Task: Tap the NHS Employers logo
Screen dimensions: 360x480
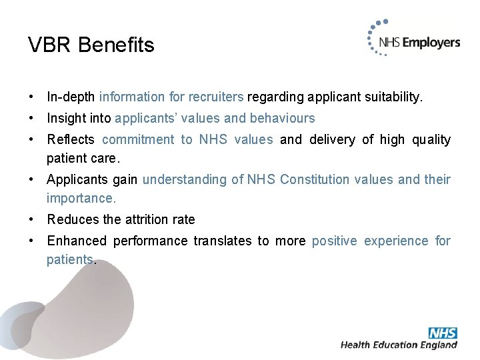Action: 414,42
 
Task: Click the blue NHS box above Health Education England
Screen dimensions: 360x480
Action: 443,332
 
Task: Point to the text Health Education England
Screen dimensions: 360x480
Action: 399,345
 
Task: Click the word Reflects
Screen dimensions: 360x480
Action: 71,140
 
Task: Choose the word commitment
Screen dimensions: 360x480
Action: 138,140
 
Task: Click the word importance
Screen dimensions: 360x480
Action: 81,198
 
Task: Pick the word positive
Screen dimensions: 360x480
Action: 334,241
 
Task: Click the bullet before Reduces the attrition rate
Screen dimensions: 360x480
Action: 32,219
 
